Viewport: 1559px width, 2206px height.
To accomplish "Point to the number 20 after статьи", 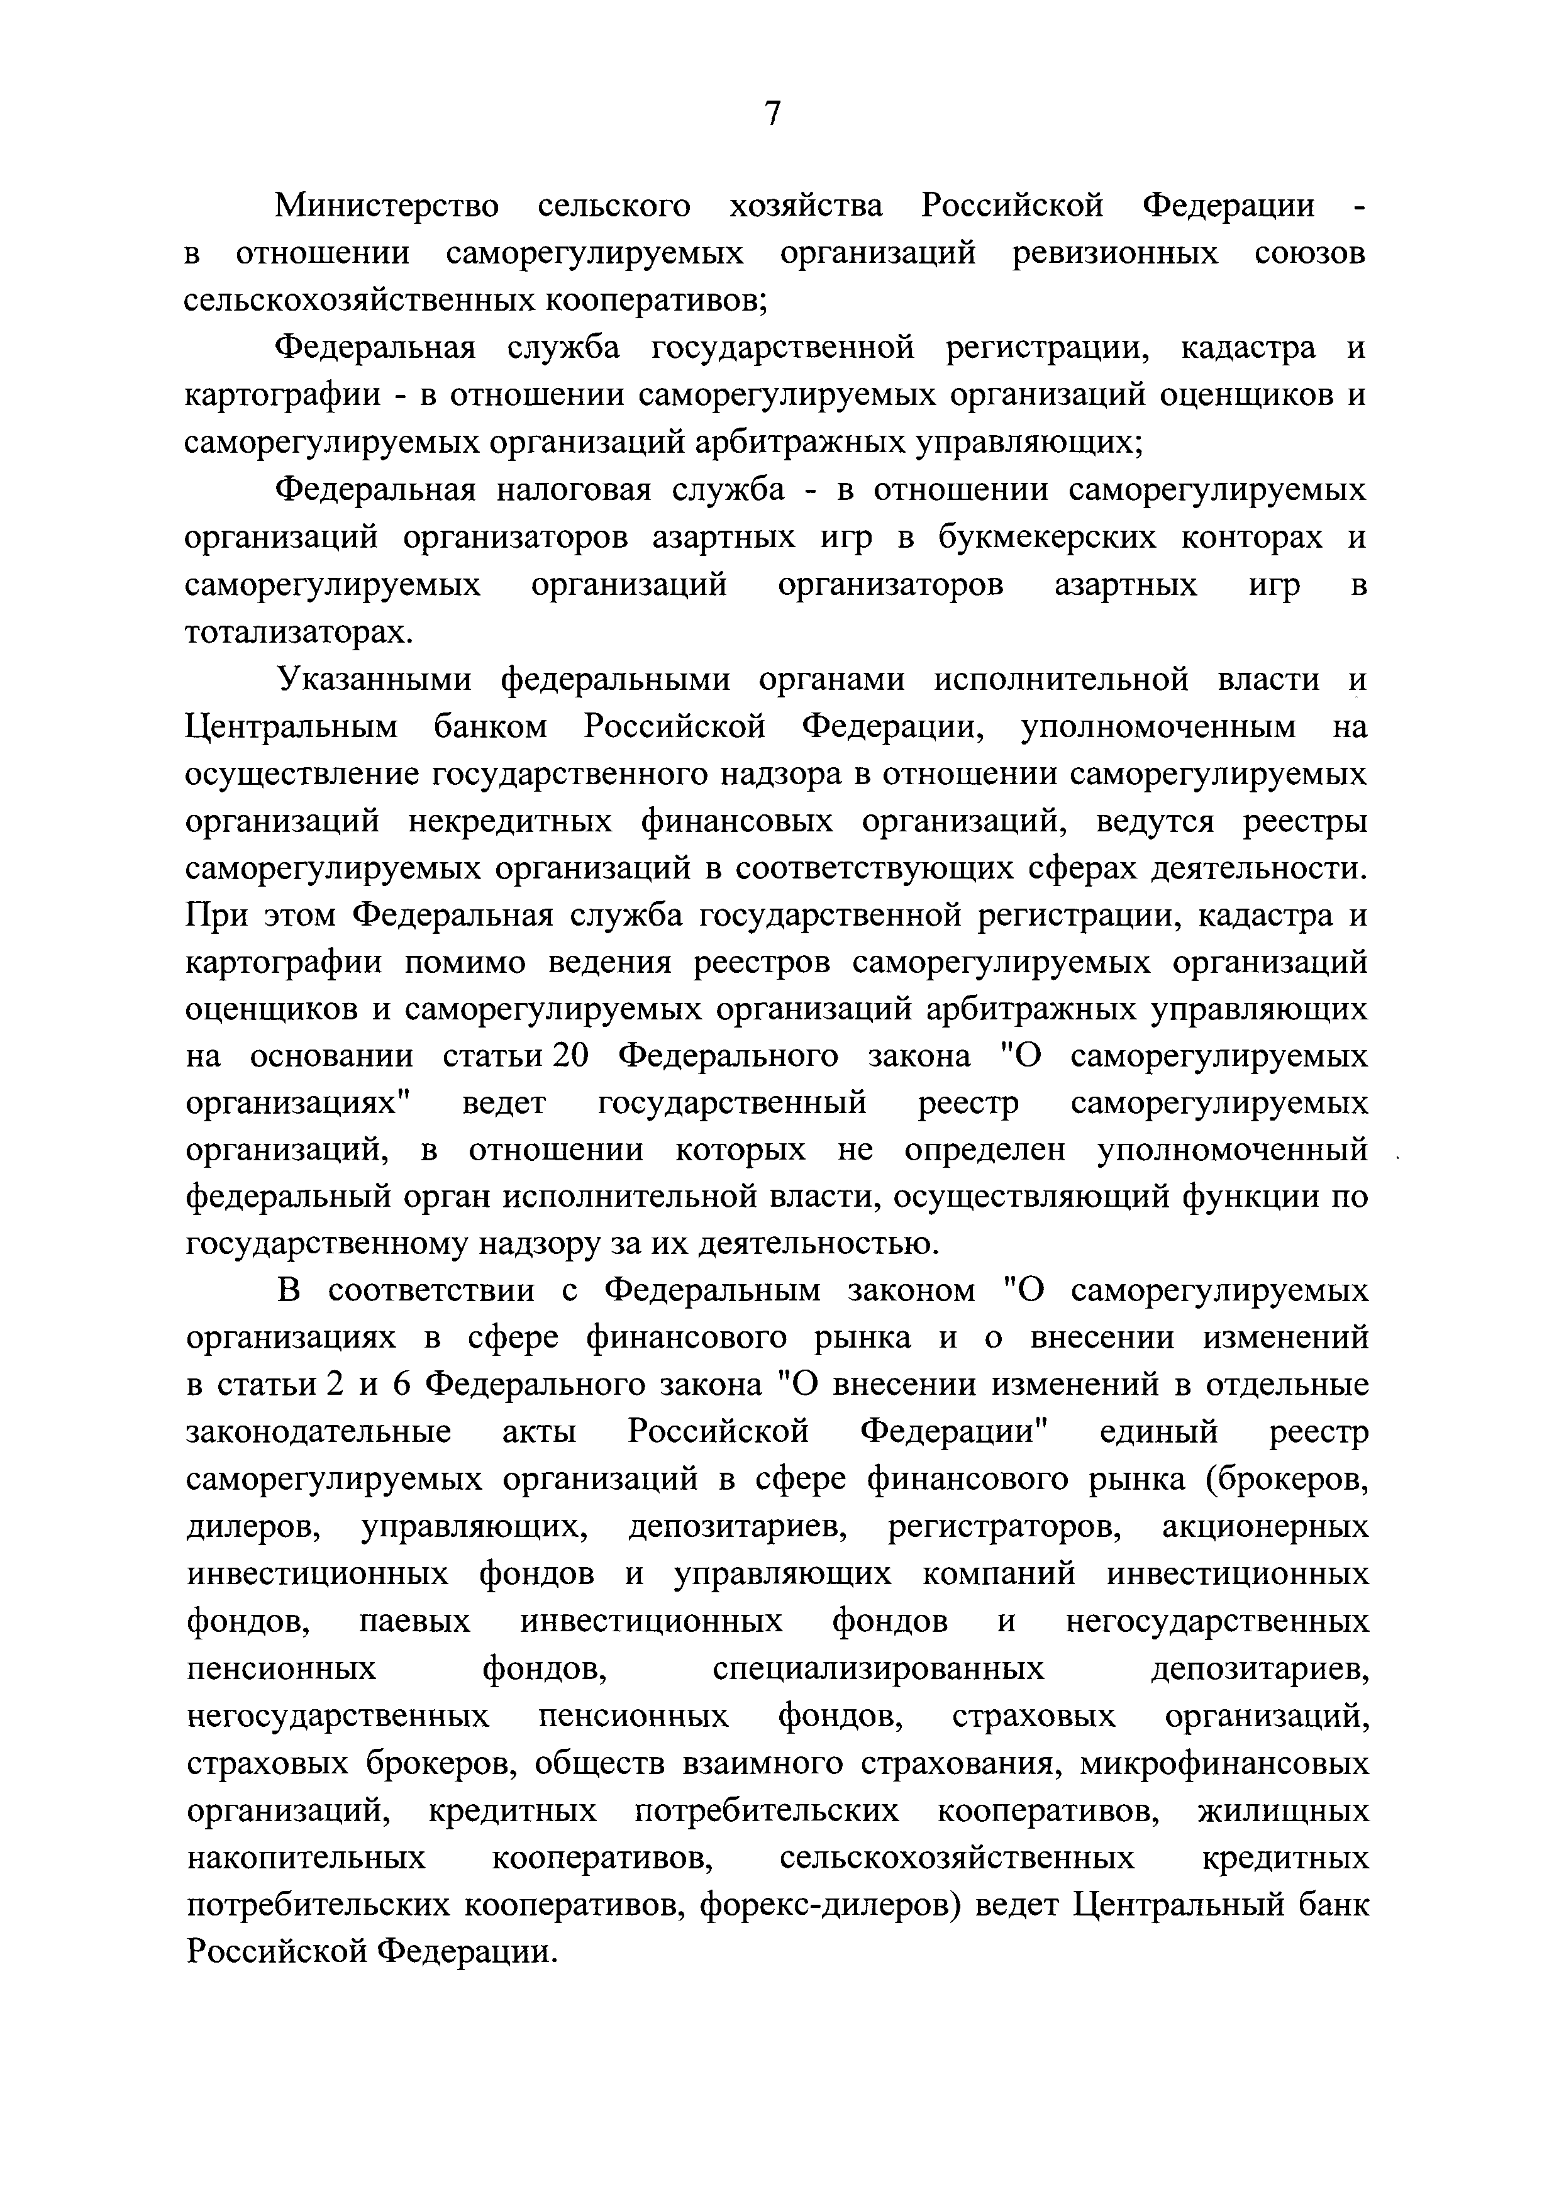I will coord(570,1056).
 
